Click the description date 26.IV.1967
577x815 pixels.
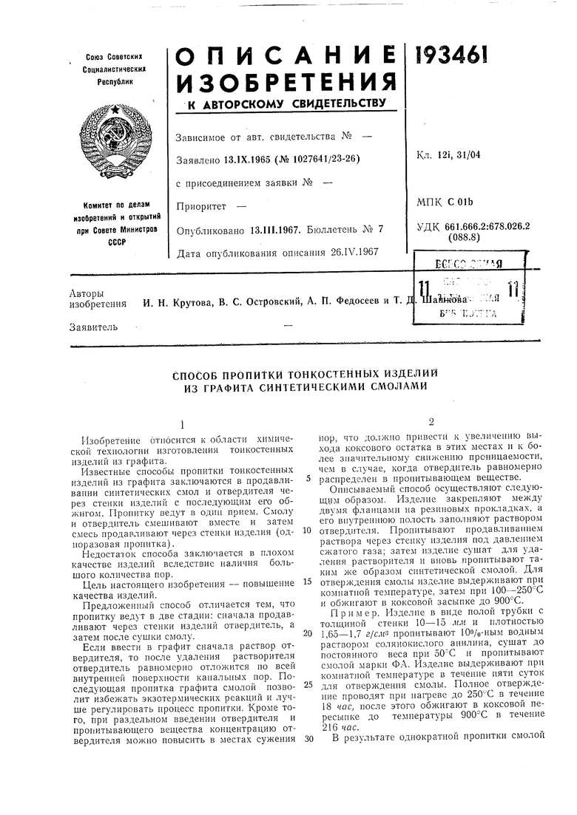click(351, 252)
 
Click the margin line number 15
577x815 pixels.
click(306, 581)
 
